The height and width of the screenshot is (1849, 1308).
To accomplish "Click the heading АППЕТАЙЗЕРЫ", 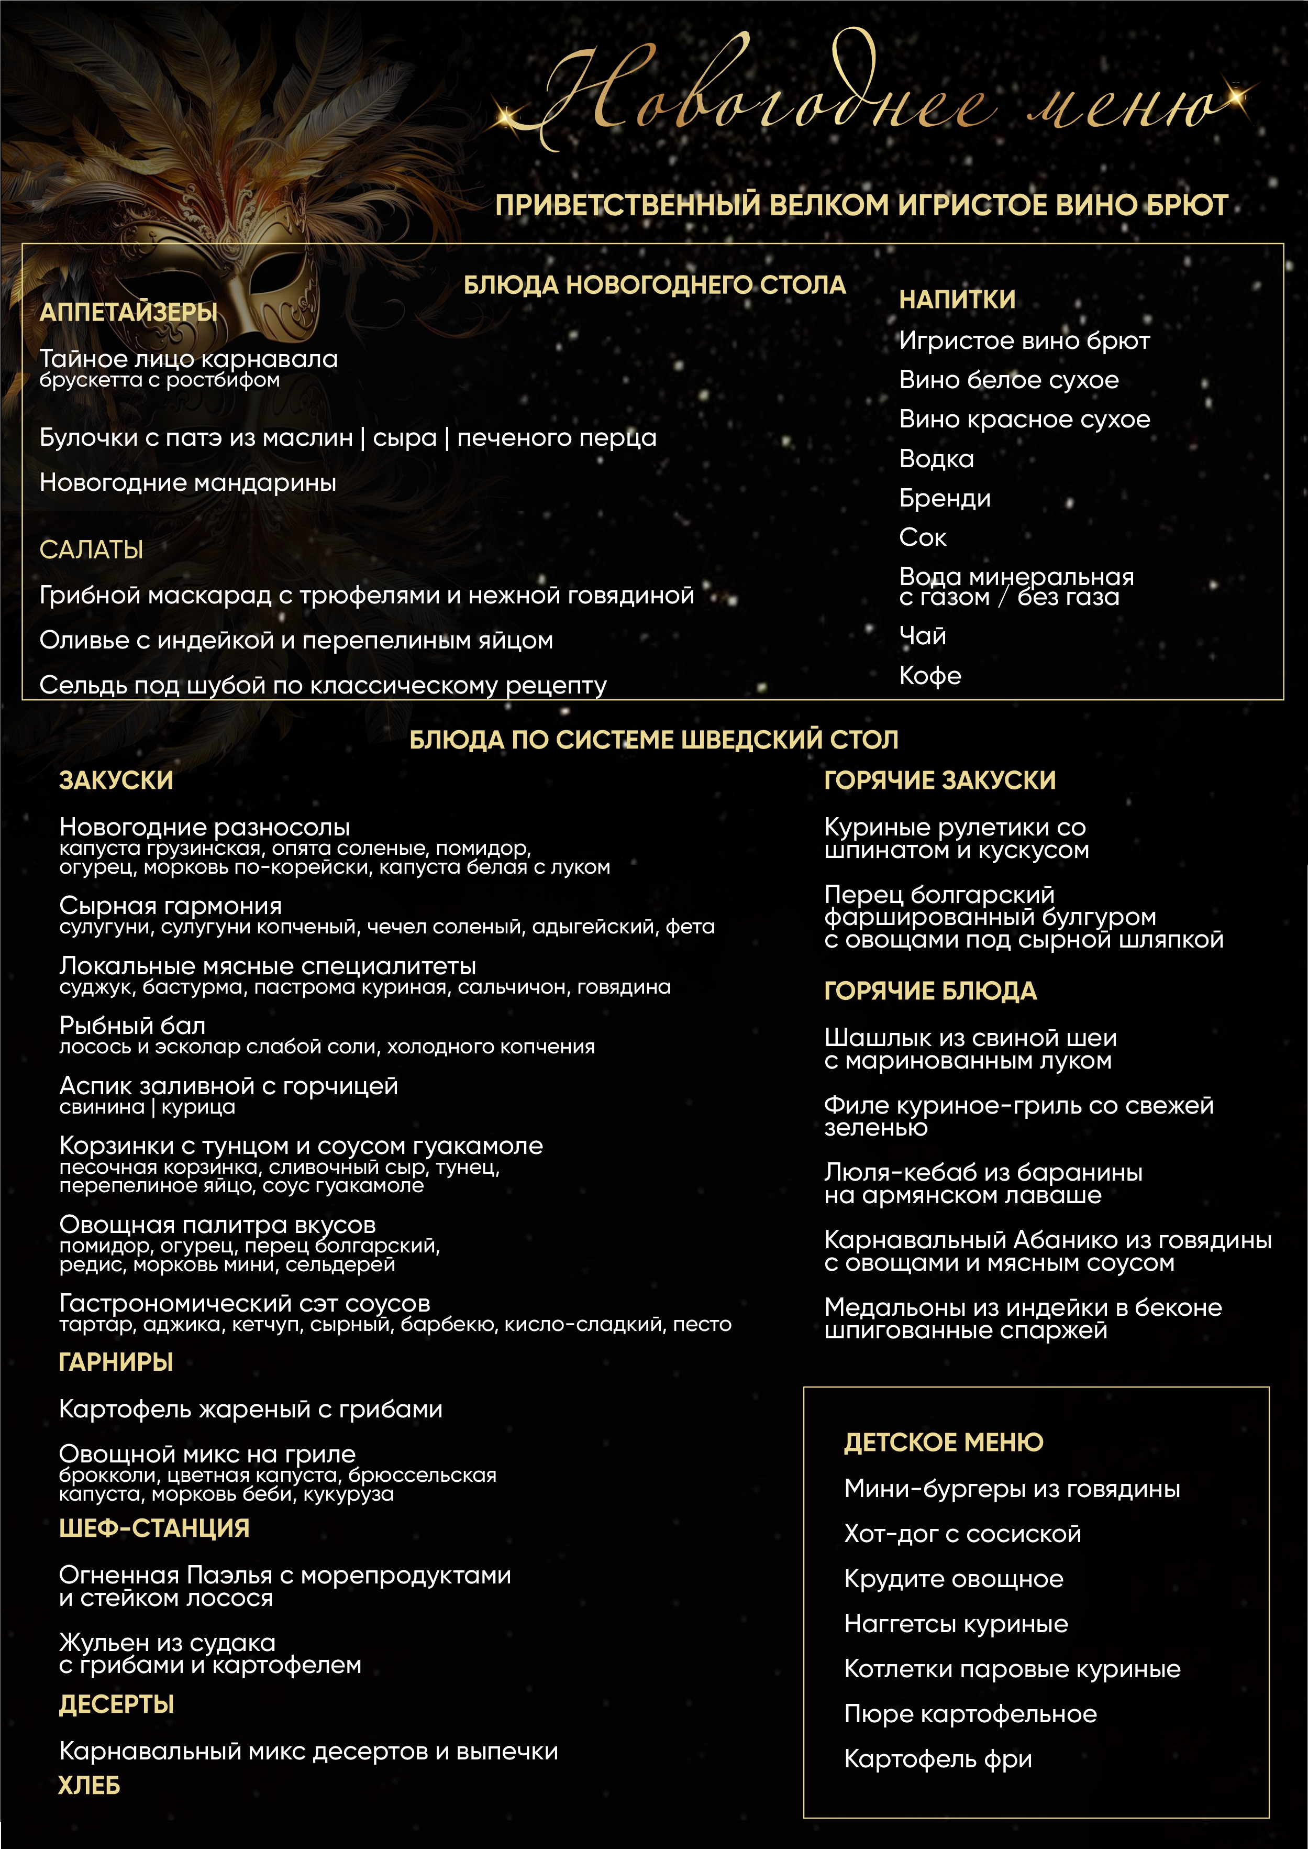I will point(129,313).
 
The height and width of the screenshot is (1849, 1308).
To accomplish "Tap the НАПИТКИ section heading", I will point(957,300).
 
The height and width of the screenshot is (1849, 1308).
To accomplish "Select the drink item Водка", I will point(936,459).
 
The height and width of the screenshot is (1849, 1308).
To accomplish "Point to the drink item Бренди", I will point(944,499).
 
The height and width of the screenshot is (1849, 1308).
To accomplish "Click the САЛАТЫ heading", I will point(91,551).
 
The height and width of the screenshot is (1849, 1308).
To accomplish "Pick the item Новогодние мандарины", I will point(187,483).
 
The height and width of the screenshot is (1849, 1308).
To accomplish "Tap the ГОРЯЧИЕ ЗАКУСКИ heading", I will point(939,780).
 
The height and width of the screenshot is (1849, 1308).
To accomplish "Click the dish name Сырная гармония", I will point(170,906).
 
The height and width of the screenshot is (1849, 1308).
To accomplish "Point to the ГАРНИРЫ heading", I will point(116,1362).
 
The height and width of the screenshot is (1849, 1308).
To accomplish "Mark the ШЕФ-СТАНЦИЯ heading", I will point(154,1528).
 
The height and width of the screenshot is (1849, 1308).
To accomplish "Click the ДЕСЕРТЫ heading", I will point(116,1705).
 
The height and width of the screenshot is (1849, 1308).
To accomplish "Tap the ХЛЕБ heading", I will point(88,1786).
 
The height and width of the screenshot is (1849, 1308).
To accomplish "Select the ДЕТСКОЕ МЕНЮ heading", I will point(943,1442).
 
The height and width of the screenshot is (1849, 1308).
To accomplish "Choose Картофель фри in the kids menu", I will point(937,1759).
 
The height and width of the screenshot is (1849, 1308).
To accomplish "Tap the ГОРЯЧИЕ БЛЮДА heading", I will point(930,991).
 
